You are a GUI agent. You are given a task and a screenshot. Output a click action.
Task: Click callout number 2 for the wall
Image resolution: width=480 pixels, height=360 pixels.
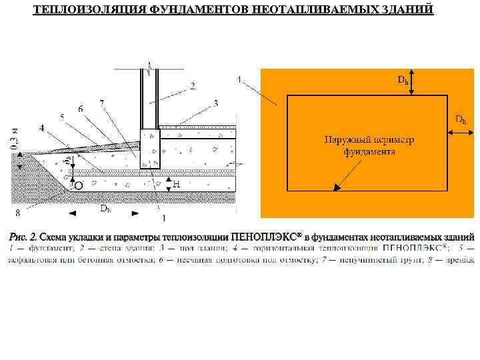pos(192,85)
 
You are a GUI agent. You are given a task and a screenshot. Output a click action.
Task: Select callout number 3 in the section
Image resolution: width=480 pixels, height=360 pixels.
pos(215,103)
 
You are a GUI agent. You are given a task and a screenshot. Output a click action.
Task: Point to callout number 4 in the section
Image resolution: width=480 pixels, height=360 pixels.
pos(43,127)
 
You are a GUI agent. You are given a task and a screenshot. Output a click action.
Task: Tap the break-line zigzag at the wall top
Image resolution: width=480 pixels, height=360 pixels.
pos(151,67)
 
